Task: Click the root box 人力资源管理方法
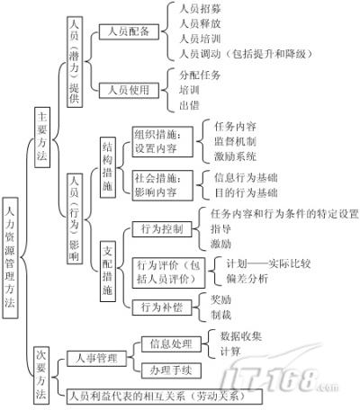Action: click(10, 258)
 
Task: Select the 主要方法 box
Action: click(42, 138)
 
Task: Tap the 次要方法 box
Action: click(41, 375)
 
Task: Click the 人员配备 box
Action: click(129, 31)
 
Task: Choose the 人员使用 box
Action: click(129, 90)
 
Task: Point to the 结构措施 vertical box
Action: click(108, 167)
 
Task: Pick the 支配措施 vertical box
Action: click(108, 272)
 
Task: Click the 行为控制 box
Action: click(162, 229)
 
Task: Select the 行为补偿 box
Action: click(162, 307)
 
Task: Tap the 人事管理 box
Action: click(96, 359)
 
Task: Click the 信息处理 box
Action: click(171, 343)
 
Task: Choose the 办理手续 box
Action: click(171, 370)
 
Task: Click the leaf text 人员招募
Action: click(200, 8)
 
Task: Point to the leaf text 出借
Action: click(189, 105)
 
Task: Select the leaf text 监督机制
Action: click(235, 141)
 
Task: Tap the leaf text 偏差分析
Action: click(247, 279)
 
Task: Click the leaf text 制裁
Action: click(220, 315)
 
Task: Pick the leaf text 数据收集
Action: click(241, 336)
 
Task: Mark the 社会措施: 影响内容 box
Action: click(163, 185)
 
